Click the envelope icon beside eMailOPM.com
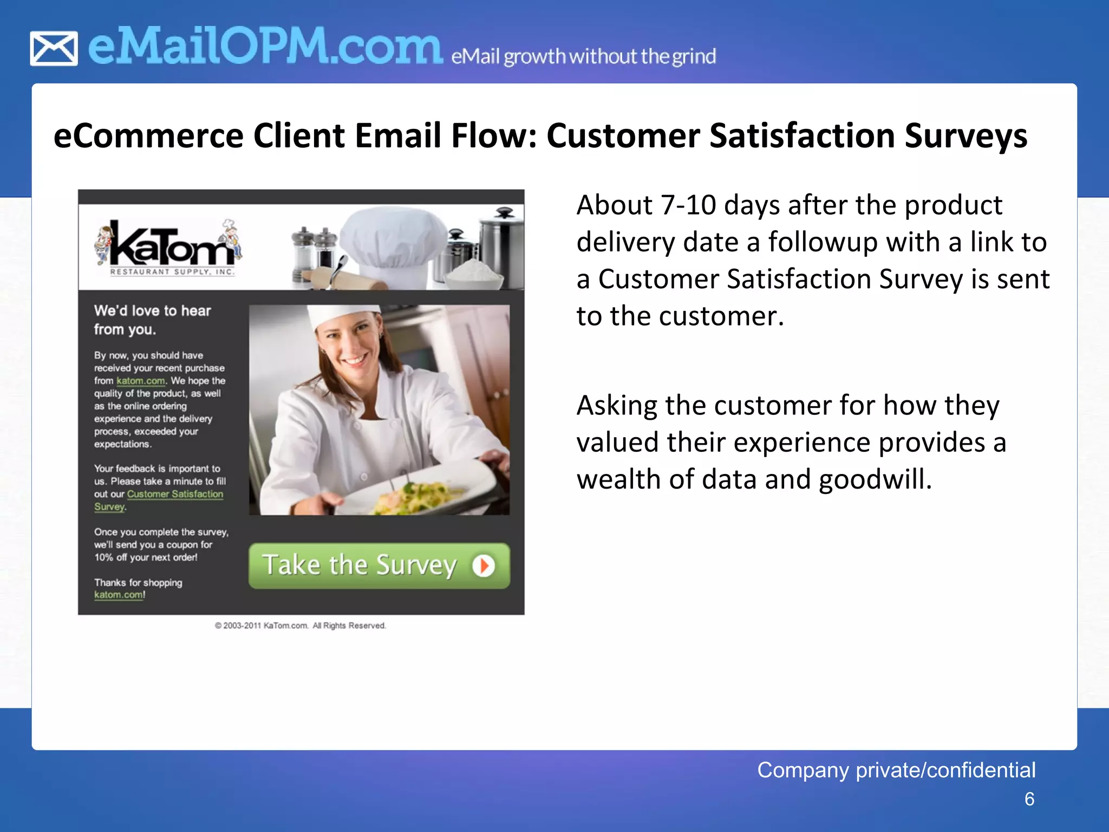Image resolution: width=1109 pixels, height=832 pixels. tap(54, 49)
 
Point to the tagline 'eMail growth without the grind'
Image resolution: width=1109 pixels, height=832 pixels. tap(583, 56)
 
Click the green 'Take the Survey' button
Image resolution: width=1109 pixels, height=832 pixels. tap(379, 565)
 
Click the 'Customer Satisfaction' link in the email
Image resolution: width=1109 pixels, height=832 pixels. tap(175, 494)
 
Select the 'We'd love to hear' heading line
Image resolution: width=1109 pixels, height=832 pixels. tap(152, 310)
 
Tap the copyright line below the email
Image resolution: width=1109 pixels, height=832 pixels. tap(301, 626)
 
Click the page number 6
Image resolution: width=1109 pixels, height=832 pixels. tap(1029, 799)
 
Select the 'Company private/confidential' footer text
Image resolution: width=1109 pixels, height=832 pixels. tap(896, 770)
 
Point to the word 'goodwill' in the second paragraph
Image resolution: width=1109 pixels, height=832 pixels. tap(875, 479)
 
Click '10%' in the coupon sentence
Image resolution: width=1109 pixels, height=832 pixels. tap(103, 557)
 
